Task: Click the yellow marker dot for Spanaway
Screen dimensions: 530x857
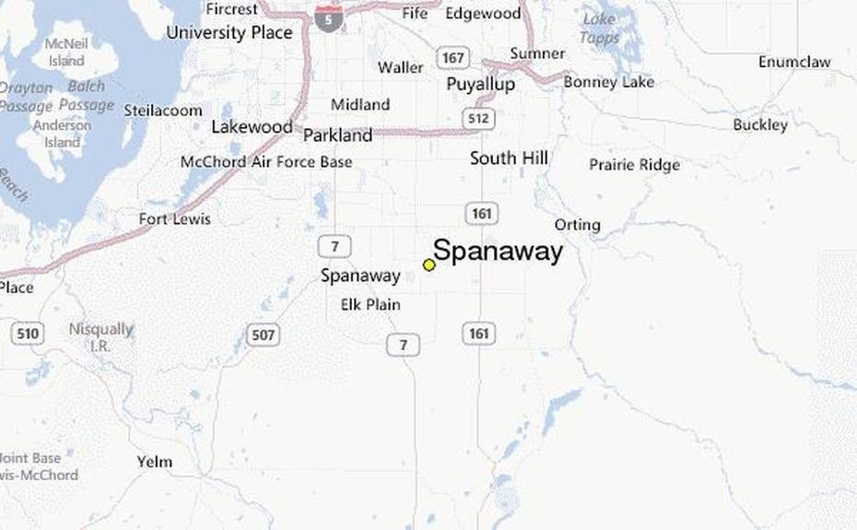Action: tap(428, 265)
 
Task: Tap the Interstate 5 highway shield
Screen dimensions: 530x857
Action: tap(328, 17)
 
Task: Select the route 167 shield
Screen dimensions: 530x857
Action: tap(452, 59)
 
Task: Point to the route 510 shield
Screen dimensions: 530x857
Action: tap(28, 332)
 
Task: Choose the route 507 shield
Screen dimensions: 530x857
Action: tap(264, 335)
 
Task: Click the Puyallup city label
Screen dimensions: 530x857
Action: tap(480, 84)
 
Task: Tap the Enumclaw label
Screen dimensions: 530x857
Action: tap(793, 62)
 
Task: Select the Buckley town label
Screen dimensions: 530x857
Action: tap(760, 124)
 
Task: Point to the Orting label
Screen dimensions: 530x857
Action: tap(577, 225)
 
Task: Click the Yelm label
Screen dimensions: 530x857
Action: tap(154, 462)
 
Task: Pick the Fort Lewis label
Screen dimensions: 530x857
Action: tap(174, 219)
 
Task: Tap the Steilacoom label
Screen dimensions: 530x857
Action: tap(163, 110)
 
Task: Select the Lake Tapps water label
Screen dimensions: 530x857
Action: tap(599, 29)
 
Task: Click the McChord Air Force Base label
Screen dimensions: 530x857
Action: tap(265, 162)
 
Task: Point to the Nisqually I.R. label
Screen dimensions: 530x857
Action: tap(100, 336)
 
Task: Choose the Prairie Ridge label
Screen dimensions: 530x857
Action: tap(634, 165)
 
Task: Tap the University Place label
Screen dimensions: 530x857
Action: tap(229, 33)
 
